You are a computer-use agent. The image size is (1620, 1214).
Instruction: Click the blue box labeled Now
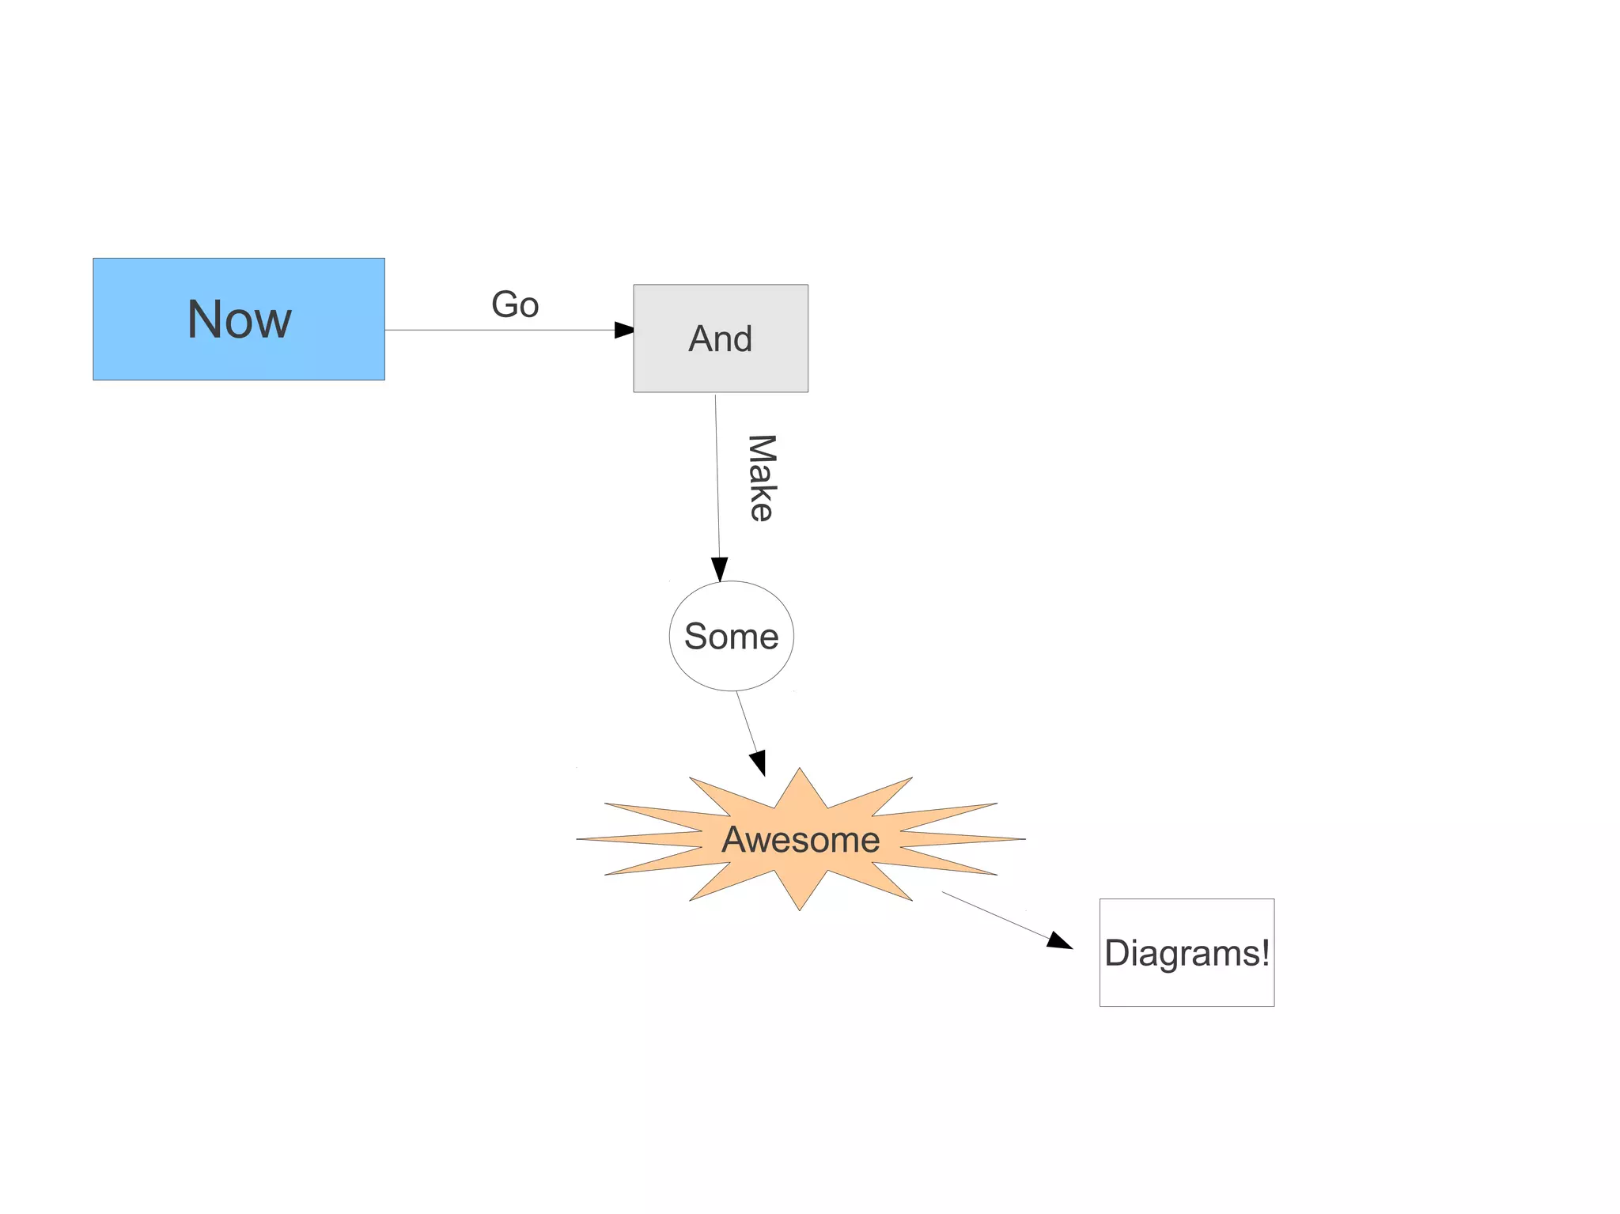(238, 319)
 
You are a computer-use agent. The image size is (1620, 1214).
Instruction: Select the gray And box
(720, 338)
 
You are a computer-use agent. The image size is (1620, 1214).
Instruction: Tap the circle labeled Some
(731, 636)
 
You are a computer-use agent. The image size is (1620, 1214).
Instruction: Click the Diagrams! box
(1187, 952)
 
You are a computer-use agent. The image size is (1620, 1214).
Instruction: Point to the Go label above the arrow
(515, 304)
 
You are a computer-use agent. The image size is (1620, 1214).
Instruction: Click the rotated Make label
(761, 478)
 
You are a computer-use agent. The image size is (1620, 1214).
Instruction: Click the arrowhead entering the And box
(624, 330)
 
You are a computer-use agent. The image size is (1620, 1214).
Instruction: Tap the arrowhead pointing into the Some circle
(720, 569)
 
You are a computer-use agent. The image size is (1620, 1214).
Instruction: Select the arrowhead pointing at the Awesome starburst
(759, 763)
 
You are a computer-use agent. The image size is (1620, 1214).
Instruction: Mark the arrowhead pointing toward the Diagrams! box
(1059, 941)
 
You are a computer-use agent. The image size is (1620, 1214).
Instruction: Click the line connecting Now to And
(498, 330)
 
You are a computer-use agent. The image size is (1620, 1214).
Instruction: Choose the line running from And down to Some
(717, 475)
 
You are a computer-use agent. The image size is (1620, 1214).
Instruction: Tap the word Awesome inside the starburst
(801, 839)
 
